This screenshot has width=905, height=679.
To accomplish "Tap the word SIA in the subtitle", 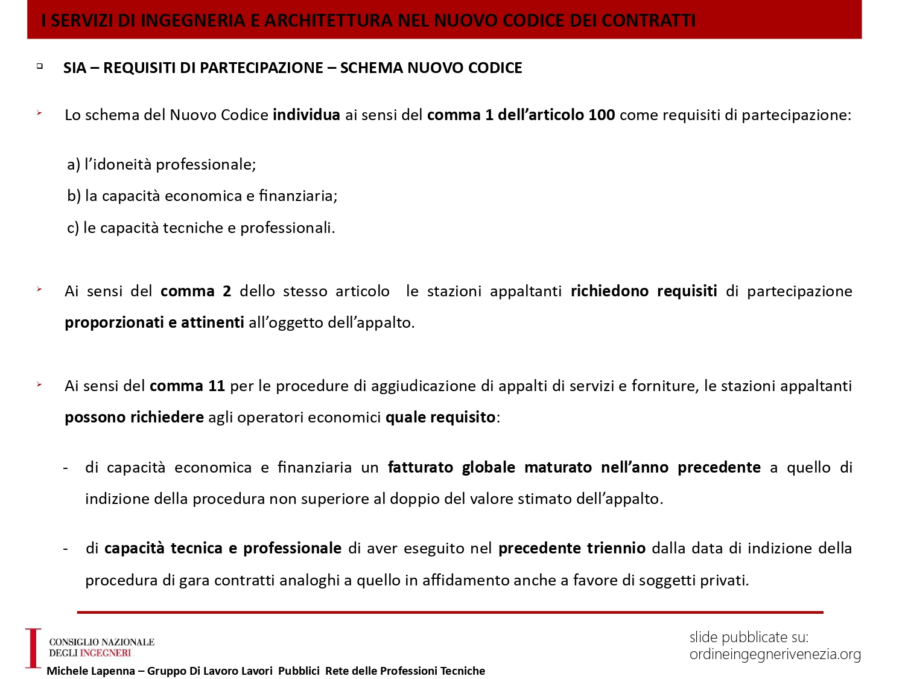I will (75, 68).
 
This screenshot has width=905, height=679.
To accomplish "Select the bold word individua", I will (306, 115).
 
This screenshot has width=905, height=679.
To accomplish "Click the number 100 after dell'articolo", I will (602, 115).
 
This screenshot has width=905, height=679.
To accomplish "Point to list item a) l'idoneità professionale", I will (162, 164).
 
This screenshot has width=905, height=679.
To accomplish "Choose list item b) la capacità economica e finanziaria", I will (202, 196).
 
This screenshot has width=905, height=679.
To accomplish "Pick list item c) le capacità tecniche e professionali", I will (201, 228).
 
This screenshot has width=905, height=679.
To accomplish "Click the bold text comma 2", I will (195, 291).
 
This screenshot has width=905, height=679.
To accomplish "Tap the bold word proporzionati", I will (114, 322).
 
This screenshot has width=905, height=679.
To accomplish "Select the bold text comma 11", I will (187, 386).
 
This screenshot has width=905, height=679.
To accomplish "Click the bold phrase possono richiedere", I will (134, 417).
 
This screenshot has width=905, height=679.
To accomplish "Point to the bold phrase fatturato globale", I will (451, 467).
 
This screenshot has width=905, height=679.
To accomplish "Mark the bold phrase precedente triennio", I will (572, 548).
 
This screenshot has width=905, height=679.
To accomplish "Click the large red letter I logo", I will (33, 648).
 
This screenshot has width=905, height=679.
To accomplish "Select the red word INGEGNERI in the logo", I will (106, 653).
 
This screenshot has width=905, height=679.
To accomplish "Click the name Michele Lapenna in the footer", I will (91, 671).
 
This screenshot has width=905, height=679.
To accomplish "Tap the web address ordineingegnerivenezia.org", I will (775, 654).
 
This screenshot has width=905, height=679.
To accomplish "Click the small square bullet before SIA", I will (40, 66).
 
